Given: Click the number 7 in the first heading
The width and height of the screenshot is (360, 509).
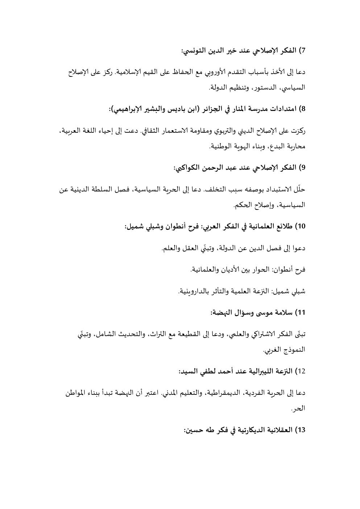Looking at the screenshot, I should (303, 50).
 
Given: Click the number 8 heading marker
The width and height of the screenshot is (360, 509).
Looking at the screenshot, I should (303, 109).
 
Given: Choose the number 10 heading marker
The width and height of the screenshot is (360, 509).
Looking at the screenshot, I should (301, 227).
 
